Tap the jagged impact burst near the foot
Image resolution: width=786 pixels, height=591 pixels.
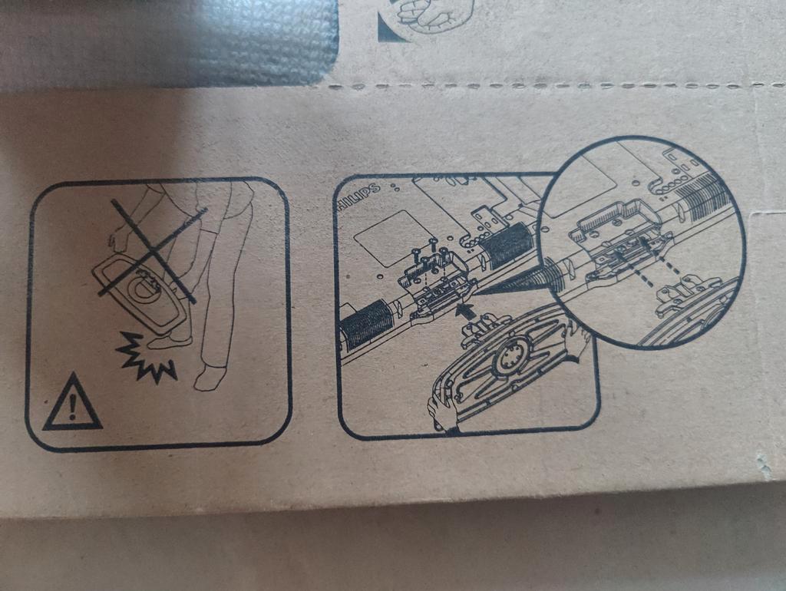[x=145, y=357]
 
